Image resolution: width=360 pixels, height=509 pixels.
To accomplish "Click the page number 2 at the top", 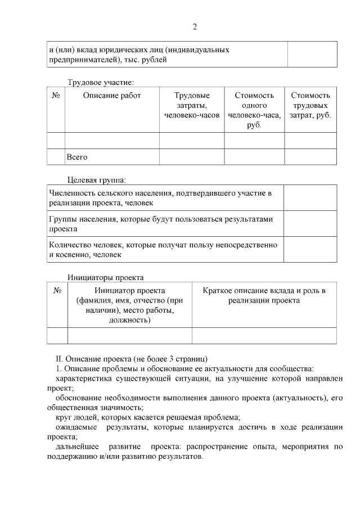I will click(195, 26).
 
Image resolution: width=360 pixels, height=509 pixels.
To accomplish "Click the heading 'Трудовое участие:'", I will click(101, 82).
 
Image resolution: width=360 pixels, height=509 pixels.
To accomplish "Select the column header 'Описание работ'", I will click(112, 96).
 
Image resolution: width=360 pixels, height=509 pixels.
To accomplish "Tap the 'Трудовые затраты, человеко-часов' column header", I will click(192, 105).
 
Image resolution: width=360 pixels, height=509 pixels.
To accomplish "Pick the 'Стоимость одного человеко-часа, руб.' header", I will click(254, 110).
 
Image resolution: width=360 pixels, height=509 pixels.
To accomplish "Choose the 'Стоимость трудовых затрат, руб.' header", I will click(310, 105).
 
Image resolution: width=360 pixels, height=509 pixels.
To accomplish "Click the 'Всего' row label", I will click(77, 157).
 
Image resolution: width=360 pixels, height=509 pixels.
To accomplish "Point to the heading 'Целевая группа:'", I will click(97, 180).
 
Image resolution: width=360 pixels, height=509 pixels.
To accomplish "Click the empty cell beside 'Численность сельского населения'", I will click(310, 198).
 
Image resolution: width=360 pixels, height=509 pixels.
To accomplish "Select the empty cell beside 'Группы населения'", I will click(310, 224).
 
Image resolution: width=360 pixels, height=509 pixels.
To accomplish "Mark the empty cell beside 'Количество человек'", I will click(310, 250).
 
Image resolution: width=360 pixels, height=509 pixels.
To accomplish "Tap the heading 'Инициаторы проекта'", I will click(106, 277).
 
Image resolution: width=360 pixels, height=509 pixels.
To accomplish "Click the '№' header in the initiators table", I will click(57, 291).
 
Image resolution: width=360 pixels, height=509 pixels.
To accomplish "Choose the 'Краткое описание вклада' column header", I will click(264, 295).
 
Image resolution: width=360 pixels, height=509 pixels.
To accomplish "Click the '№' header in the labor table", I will click(56, 96).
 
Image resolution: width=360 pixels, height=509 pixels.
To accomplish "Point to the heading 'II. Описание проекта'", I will click(132, 358).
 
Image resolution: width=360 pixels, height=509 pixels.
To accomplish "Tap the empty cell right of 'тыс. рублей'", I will click(312, 55).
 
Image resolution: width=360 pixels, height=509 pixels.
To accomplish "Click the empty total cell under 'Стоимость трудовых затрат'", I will click(310, 157).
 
